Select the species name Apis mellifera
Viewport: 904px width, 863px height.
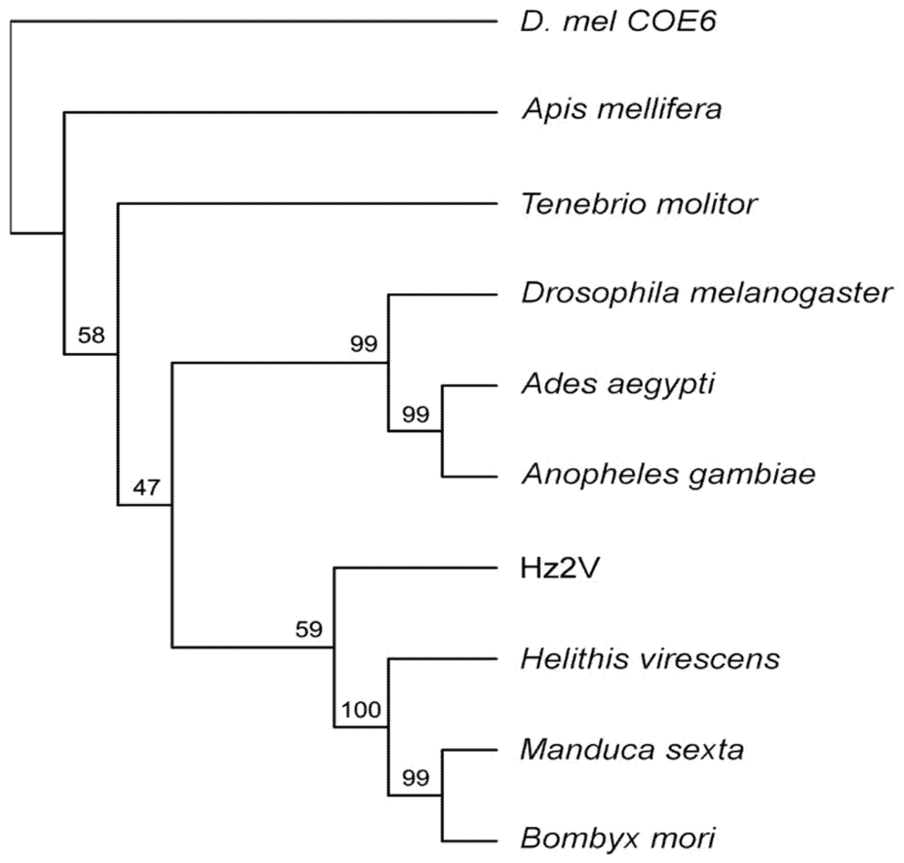click(621, 111)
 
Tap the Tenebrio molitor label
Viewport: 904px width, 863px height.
click(638, 204)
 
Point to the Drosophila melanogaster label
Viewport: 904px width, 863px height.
click(707, 294)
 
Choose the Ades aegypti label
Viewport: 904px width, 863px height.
click(617, 386)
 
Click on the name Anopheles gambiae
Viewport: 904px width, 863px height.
click(667, 476)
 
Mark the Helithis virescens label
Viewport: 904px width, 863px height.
click(650, 658)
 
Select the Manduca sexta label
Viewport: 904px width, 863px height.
click(632, 749)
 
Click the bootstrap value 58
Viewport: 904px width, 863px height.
click(90, 335)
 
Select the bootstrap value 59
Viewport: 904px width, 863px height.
click(309, 629)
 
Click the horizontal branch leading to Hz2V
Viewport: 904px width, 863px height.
click(415, 567)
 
